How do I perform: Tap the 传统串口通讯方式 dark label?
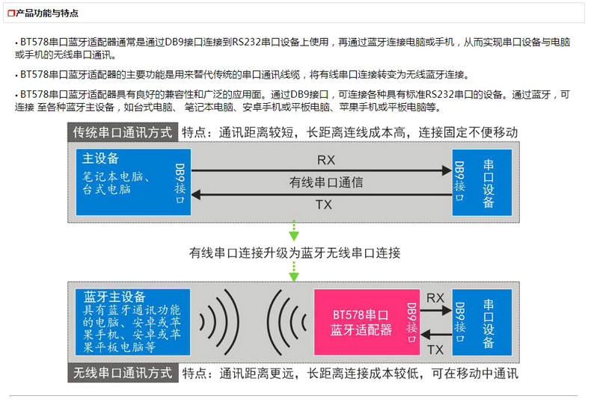click(123, 132)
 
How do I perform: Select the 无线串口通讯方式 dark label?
click(123, 373)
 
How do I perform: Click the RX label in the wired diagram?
click(325, 159)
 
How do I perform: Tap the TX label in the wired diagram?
click(324, 204)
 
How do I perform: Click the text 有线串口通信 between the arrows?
click(326, 182)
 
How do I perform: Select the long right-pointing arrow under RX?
click(322, 171)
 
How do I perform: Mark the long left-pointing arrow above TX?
click(322, 194)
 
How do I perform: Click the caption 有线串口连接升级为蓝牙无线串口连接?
click(295, 253)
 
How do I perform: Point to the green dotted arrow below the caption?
click(294, 272)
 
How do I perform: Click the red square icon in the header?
click(11, 13)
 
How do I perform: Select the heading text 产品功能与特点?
click(47, 13)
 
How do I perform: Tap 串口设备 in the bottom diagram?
click(489, 323)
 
